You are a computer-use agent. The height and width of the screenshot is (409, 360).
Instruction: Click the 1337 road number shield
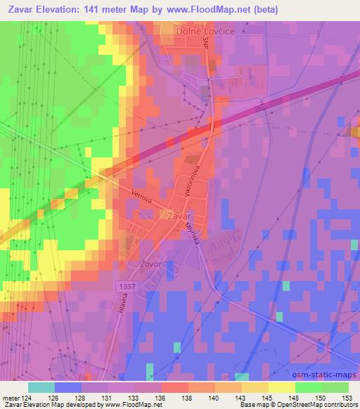tap(126, 287)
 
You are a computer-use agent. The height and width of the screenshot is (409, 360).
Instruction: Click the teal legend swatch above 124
tap(41, 387)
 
